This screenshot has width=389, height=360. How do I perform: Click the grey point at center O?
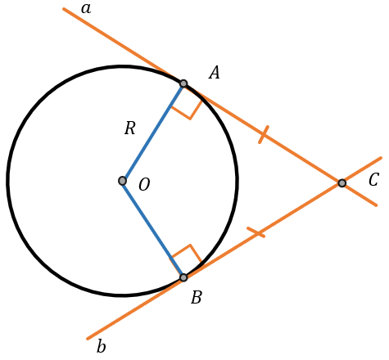pos(122,181)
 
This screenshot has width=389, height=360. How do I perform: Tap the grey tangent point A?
pos(183,83)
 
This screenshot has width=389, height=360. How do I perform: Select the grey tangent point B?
pos(183,277)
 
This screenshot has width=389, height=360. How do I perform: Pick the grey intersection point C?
pos(342,183)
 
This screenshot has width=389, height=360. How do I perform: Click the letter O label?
pos(144,185)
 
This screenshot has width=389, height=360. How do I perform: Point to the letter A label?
pos(215,73)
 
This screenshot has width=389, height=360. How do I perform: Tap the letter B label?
pos(197,297)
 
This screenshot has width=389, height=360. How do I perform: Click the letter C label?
pos(373,180)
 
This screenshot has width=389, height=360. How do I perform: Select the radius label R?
pos(130,128)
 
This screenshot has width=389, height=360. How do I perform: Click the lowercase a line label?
pos(86,9)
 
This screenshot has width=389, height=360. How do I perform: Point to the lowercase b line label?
pos(102,347)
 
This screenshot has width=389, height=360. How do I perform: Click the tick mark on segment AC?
pos(264,134)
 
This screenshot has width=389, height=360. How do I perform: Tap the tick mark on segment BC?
pos(256,232)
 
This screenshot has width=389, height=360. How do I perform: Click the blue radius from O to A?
pos(153,132)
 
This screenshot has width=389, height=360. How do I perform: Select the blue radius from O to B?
pos(153,229)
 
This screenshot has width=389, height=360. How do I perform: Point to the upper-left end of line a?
pos(64,9)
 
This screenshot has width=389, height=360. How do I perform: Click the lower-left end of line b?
pos(88,339)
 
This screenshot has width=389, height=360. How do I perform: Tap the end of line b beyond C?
pos(381,158)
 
